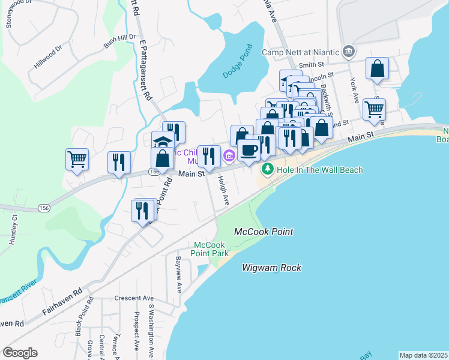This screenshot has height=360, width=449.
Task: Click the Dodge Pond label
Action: point(238,62)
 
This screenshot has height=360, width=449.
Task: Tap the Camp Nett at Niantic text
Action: point(300,52)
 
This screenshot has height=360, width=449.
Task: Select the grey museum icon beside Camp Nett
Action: point(348,51)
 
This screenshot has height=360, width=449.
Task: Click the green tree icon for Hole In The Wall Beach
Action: point(267,170)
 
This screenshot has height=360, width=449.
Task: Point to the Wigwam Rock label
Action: point(272,268)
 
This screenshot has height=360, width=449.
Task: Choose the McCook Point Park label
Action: point(211,249)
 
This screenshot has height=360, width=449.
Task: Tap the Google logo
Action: point(20,353)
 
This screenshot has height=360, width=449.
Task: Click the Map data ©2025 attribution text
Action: point(423,355)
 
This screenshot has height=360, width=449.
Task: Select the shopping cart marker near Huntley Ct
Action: point(77,160)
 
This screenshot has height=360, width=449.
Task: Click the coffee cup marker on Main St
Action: point(249,151)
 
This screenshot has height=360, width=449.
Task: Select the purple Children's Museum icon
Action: point(229,157)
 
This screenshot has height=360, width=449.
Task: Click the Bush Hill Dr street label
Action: point(119,41)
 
